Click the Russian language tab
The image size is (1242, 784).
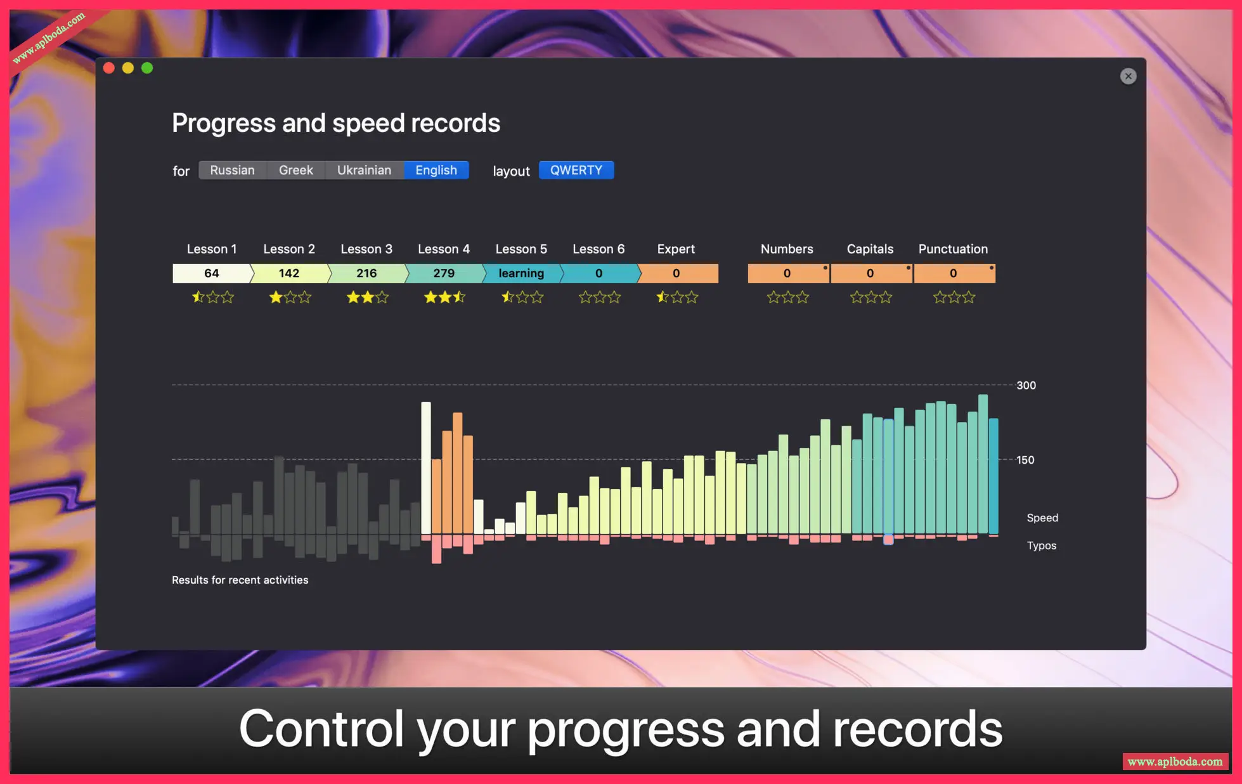click(x=232, y=170)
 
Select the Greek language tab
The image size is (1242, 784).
click(x=295, y=170)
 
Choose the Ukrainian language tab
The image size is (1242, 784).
click(x=364, y=170)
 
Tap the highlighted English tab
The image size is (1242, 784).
click(x=436, y=170)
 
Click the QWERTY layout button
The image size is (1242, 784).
click(x=576, y=170)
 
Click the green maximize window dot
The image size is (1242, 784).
click(x=147, y=68)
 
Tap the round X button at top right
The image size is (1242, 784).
click(x=1128, y=76)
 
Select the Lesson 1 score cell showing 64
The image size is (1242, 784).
click(x=212, y=273)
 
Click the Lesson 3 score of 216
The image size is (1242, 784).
click(x=366, y=273)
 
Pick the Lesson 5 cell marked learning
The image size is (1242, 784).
click(x=521, y=273)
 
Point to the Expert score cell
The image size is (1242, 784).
click(x=677, y=273)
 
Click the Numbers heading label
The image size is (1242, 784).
click(x=787, y=249)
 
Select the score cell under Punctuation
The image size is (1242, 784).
click(x=954, y=273)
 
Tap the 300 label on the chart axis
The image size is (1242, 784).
click(x=1026, y=386)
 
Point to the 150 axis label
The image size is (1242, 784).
click(x=1025, y=461)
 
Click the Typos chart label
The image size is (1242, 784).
click(x=1042, y=546)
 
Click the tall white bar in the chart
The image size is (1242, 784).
click(x=426, y=468)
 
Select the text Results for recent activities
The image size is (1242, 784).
click(x=240, y=580)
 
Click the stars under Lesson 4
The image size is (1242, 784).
click(x=444, y=297)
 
